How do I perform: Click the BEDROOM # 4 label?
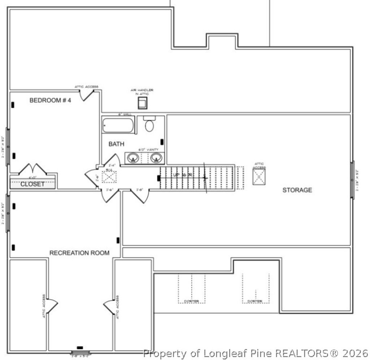coord(50,100)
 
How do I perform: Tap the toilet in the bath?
coord(149,124)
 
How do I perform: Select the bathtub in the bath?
coord(118,125)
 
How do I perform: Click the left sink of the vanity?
coord(133,158)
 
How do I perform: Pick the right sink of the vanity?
coord(156,158)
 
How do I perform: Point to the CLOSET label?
coord(32,184)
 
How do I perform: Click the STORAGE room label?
coord(297,190)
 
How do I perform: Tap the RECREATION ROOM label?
coord(79,253)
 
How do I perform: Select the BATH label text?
coord(116,144)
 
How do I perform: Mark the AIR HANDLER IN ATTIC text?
coord(142,92)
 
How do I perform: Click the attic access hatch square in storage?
coord(259,177)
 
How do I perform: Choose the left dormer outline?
coord(192,288)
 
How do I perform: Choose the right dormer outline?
coord(255,288)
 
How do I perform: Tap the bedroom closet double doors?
coord(33,169)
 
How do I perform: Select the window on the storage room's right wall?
coord(352,180)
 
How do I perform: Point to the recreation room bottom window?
coord(80,352)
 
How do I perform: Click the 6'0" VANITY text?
coord(148,149)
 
